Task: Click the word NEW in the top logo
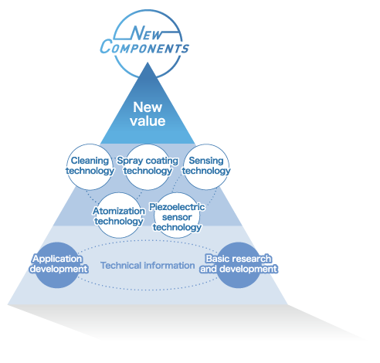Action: (147, 33)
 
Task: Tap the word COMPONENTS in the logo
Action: (144, 47)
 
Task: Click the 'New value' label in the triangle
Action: (148, 114)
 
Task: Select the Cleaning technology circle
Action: (90, 167)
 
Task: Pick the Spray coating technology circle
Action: (148, 167)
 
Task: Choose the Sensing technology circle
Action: (206, 167)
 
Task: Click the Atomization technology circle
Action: (119, 215)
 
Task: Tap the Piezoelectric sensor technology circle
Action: (177, 215)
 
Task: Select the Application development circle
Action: (57, 265)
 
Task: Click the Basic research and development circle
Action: (239, 265)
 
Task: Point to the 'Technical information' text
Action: (148, 266)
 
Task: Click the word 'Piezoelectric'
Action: (177, 207)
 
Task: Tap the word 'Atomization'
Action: (119, 211)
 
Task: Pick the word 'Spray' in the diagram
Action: (130, 161)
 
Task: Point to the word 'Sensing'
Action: (206, 161)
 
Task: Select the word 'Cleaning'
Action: (90, 161)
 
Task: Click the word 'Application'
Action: (57, 259)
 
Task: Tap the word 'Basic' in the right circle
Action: (217, 259)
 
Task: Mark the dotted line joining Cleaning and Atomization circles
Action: (92, 196)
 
